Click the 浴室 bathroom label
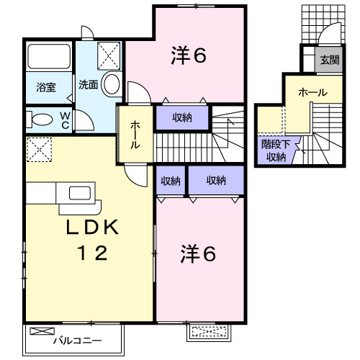coord(47,87)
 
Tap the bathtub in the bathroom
coord(49,57)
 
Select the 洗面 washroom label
coord(89,83)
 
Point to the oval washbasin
coord(111,84)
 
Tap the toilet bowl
coord(42,120)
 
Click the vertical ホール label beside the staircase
coord(135,135)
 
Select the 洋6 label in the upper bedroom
coord(189,55)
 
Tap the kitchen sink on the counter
coord(78,192)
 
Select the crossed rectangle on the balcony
coord(43,332)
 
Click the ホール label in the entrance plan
coord(312,93)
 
